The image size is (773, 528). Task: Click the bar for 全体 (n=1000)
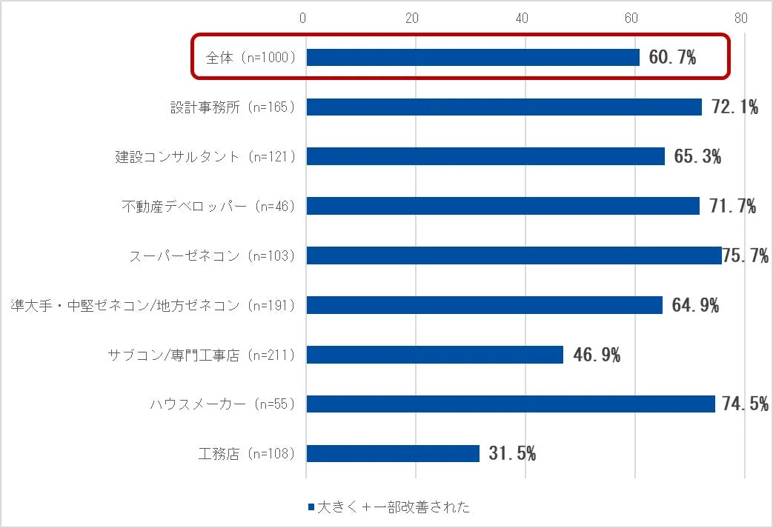pyautogui.click(x=472, y=57)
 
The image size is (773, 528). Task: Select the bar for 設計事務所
pyautogui.click(x=503, y=107)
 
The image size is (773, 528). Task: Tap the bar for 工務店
pyautogui.click(x=392, y=453)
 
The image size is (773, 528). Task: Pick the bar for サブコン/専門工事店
pyautogui.click(x=434, y=355)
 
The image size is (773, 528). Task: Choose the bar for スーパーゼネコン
pyautogui.click(x=513, y=255)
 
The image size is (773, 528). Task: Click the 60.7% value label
pyautogui.click(x=672, y=58)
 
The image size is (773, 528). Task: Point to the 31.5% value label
pyautogui.click(x=512, y=453)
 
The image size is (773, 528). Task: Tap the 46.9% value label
pyautogui.click(x=597, y=355)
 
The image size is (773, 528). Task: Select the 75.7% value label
pyautogui.click(x=746, y=256)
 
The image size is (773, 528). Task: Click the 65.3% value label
pyautogui.click(x=697, y=156)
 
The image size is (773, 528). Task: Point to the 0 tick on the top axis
pyautogui.click(x=303, y=18)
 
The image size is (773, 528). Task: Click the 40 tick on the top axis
pyautogui.click(x=522, y=18)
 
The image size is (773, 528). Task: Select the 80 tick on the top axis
pyautogui.click(x=740, y=18)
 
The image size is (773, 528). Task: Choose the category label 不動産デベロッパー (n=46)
pyautogui.click(x=208, y=207)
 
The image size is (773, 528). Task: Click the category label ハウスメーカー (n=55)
pyautogui.click(x=222, y=404)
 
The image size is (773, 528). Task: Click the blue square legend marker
pyautogui.click(x=311, y=507)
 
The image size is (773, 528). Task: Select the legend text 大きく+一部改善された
pyautogui.click(x=393, y=507)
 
